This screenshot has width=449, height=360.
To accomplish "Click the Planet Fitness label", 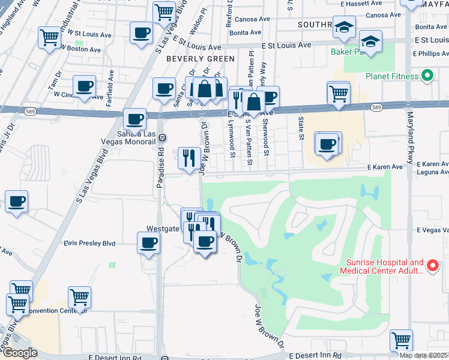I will click(x=391, y=77).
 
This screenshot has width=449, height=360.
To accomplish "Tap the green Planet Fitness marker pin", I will click(x=427, y=76).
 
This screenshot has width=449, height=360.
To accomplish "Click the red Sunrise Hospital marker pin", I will click(x=432, y=265).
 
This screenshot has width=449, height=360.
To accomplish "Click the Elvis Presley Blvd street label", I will click(x=89, y=244).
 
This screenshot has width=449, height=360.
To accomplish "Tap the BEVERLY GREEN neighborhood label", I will click(x=200, y=59).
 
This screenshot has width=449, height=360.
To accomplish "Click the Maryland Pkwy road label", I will click(x=411, y=138).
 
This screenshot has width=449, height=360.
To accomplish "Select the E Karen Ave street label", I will click(x=385, y=167).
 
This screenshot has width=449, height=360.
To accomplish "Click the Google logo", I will click(x=19, y=353).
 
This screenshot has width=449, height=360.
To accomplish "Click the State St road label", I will click(x=301, y=127).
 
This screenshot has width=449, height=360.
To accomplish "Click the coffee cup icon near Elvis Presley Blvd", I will click(x=148, y=243).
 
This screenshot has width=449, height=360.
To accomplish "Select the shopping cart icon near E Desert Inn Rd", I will click(x=401, y=340).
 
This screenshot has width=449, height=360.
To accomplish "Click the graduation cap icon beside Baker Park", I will click(x=371, y=42).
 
